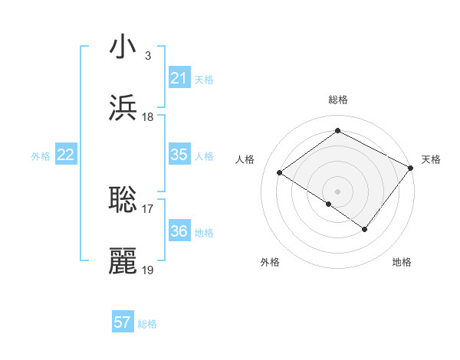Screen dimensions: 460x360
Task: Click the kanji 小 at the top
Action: (x=123, y=47)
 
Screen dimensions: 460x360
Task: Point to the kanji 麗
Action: (x=123, y=261)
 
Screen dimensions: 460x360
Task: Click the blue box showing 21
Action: (x=179, y=78)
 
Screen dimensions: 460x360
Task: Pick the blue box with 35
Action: (x=179, y=155)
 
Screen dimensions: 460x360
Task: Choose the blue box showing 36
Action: (x=179, y=231)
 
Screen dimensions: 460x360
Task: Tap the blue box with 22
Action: (x=65, y=155)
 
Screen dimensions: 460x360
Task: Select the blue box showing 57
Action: (x=123, y=322)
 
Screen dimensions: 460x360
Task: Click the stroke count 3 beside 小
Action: (x=147, y=55)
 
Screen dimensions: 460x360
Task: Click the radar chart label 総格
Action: (x=337, y=100)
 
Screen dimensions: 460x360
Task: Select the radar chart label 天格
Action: (x=431, y=159)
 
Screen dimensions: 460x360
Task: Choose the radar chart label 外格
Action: (x=270, y=262)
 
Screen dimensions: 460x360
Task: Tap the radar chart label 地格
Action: (x=402, y=262)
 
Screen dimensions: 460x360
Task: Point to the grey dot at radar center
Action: (x=337, y=191)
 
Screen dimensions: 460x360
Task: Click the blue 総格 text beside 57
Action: (x=147, y=324)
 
